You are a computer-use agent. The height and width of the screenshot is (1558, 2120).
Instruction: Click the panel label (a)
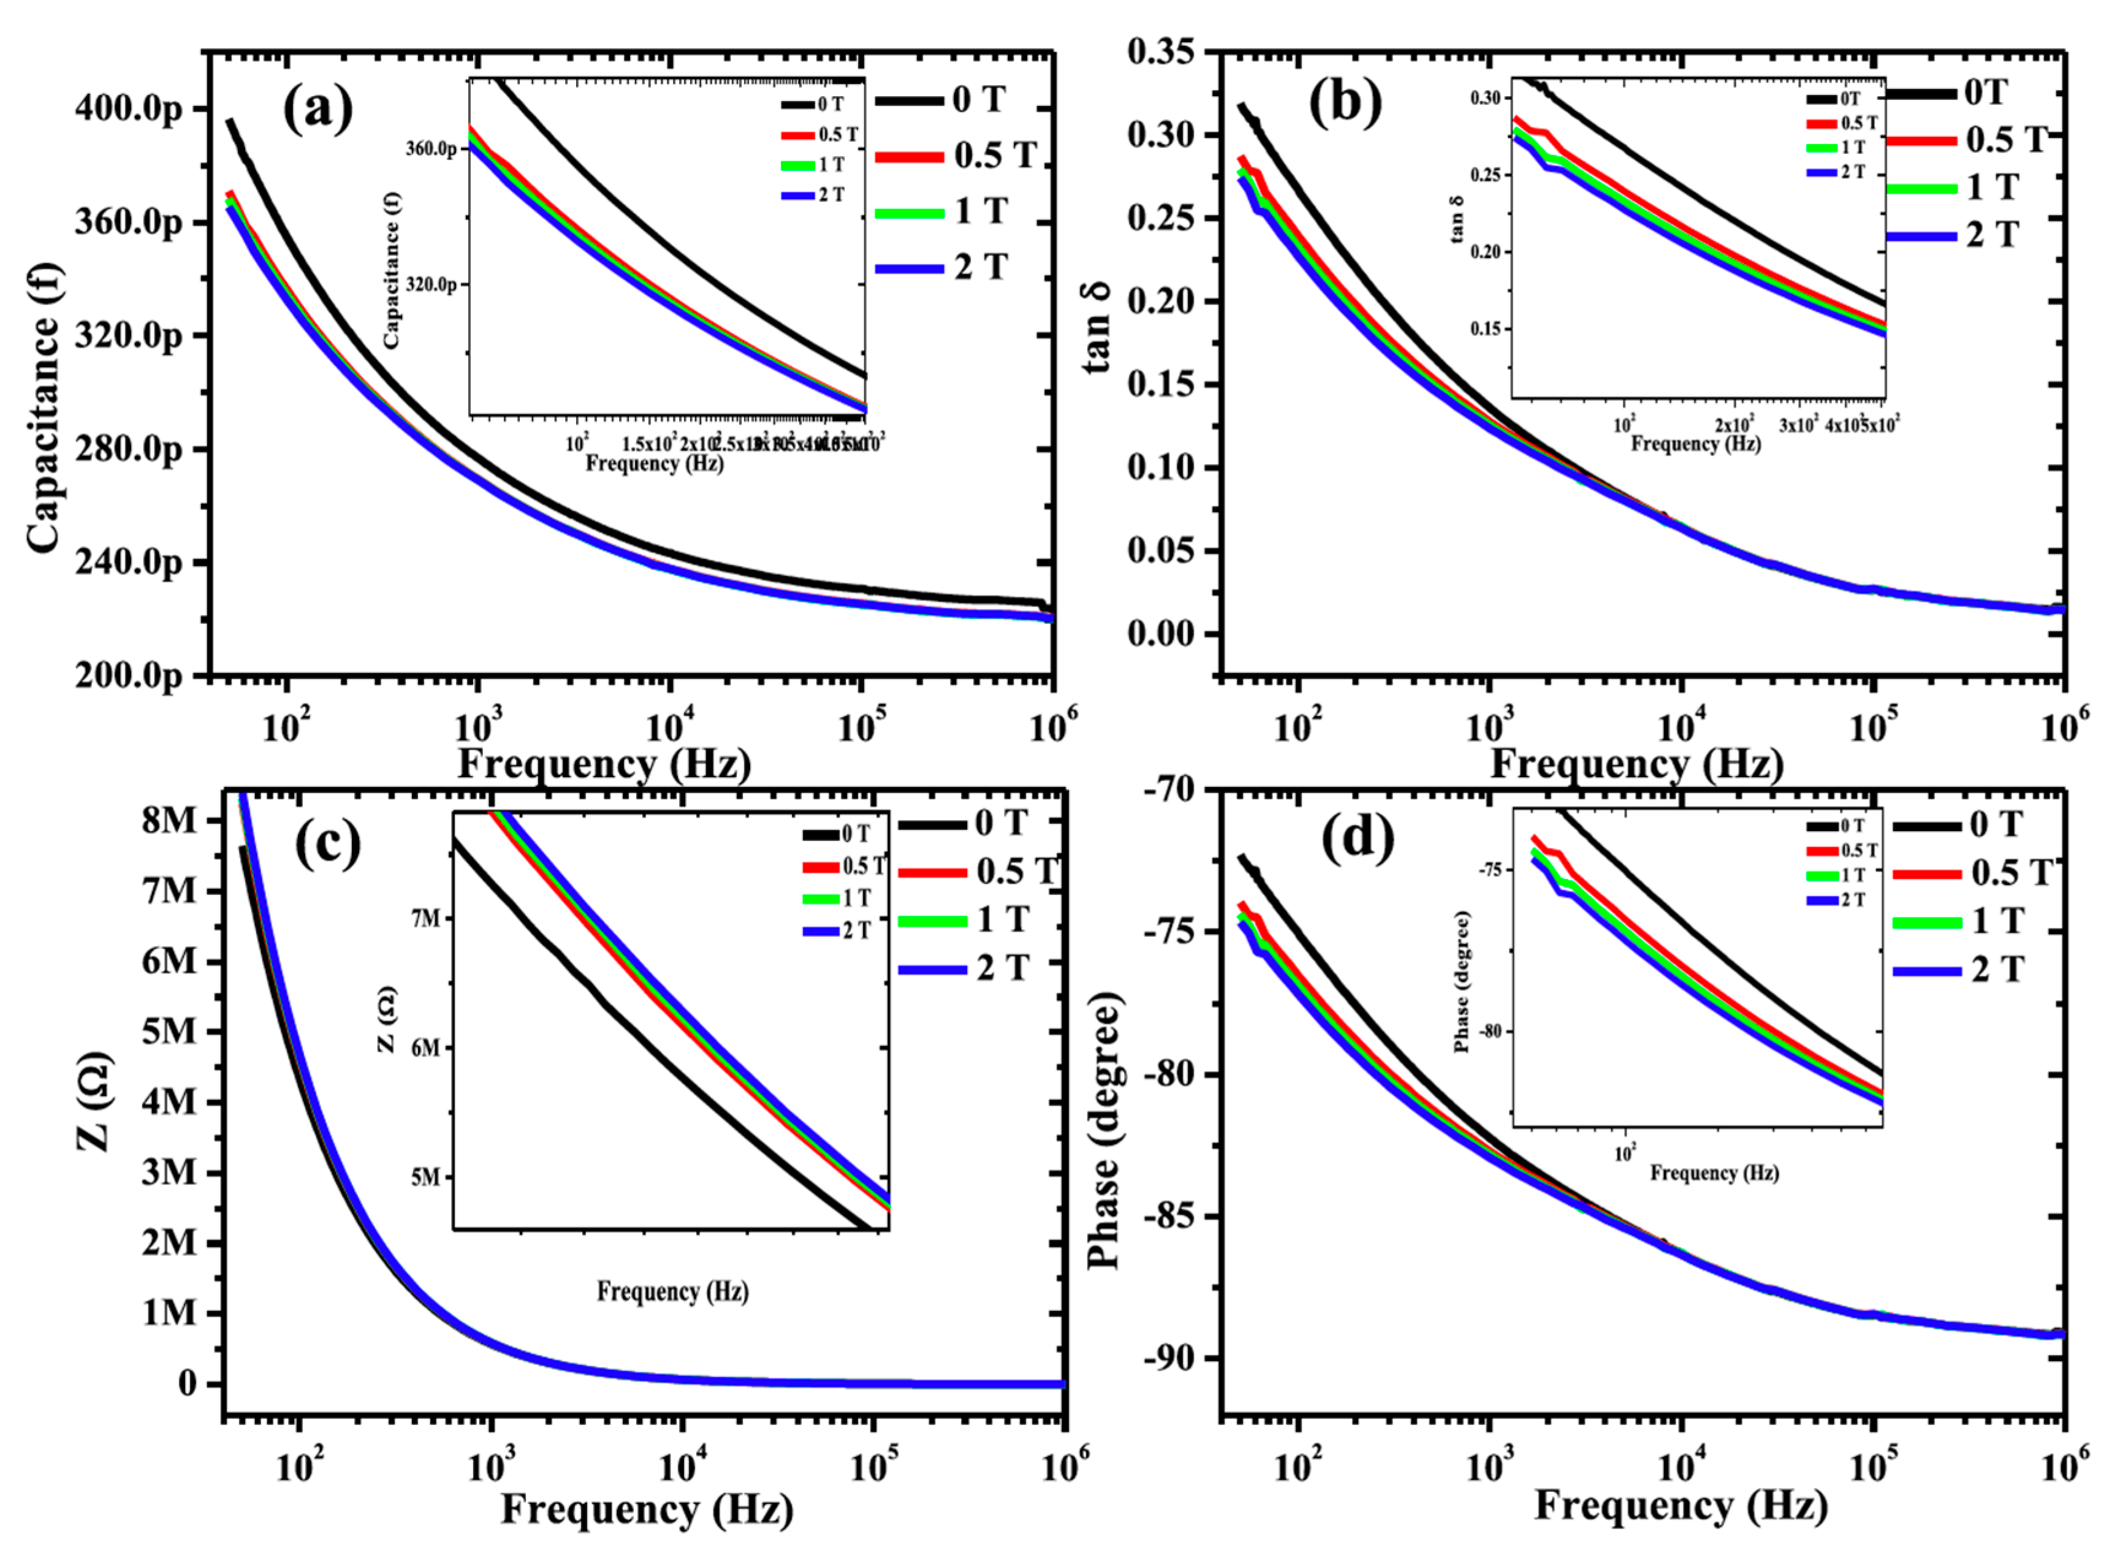[318, 107]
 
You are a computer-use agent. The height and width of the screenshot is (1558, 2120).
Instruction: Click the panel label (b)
[1344, 101]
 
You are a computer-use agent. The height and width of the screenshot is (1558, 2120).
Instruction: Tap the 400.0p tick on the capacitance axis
[128, 109]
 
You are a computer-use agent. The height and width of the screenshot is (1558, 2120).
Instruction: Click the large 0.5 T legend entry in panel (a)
[995, 156]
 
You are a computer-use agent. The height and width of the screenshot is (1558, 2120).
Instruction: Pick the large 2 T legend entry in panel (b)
[1992, 234]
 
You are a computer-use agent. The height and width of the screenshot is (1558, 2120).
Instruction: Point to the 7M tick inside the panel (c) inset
[425, 918]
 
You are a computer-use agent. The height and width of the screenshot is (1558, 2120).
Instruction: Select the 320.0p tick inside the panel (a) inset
[431, 284]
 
